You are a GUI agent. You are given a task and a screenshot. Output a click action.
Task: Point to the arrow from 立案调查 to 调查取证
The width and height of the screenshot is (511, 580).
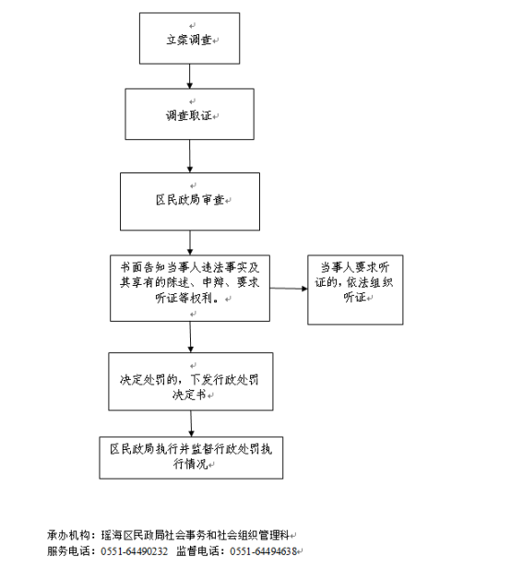tap(189, 77)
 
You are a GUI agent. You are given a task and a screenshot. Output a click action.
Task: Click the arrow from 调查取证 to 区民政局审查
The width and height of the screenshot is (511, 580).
tap(190, 156)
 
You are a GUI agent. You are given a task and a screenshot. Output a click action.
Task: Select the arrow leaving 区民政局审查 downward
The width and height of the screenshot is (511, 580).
tap(190, 243)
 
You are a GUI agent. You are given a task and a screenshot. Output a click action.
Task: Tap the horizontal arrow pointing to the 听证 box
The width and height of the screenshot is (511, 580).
tap(289, 288)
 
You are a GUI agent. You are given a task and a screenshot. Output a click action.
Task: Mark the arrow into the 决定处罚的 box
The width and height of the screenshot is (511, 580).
tap(190, 337)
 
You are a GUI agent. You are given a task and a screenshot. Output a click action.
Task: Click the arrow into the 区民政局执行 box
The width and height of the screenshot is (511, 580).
tap(191, 423)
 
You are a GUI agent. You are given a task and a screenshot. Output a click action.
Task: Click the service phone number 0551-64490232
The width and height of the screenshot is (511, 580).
tap(135, 551)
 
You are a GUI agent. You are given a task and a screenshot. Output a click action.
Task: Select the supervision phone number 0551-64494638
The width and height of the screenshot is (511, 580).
tap(264, 551)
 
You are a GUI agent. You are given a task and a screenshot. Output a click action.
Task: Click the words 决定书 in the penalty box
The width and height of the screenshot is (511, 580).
tap(189, 395)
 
